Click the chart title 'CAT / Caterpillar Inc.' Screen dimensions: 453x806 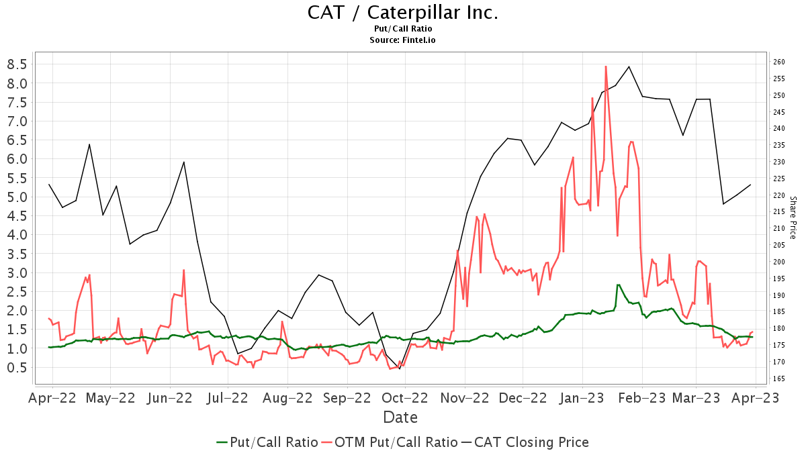coord(403,13)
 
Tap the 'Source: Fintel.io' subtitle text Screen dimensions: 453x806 coord(403,40)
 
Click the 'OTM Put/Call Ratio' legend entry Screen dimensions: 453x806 coord(390,442)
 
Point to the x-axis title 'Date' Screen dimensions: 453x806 coord(400,417)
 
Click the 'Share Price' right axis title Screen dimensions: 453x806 coord(793,217)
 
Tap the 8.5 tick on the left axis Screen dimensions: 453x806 coord(17,64)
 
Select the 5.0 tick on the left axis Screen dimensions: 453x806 coord(17,197)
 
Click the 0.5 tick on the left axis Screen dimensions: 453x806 coord(17,368)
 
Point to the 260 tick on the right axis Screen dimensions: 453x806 coord(779,62)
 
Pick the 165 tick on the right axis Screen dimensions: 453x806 coord(779,379)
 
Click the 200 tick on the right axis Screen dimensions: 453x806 coord(779,262)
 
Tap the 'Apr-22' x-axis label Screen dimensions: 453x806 coord(52,397)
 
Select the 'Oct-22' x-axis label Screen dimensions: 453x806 coord(405,397)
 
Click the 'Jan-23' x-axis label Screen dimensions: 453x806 coord(582,397)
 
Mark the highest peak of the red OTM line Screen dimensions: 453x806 coord(606,66)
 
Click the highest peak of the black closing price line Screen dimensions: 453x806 coord(629,66)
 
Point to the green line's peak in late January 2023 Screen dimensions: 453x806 coord(618,285)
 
